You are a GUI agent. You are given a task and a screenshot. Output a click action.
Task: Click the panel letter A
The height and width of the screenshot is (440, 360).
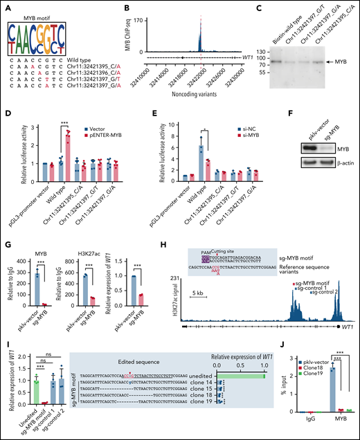pyautogui.click(x=6, y=6)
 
